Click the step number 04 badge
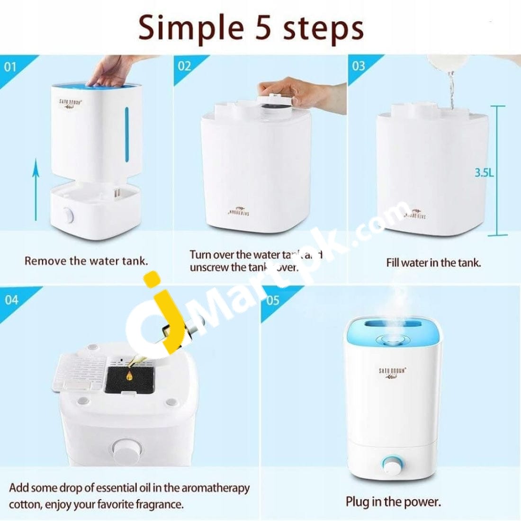pos(11,299)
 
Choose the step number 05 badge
pos(273,300)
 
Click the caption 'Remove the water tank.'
pos(86,261)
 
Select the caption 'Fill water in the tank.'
pos(433,262)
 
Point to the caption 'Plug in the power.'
pos(393,502)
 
